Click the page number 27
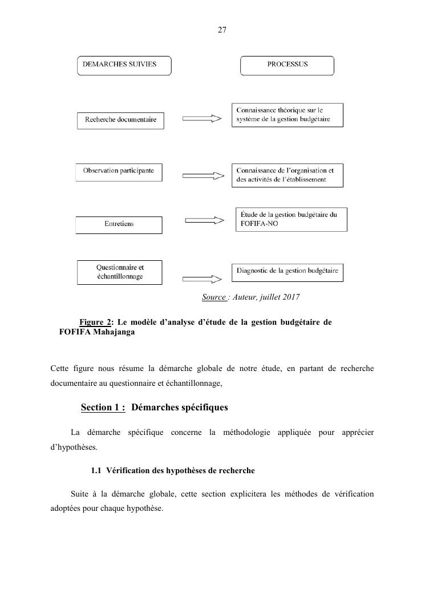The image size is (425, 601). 222,30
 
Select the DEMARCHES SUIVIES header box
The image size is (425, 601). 124,66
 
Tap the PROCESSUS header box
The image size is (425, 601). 287,66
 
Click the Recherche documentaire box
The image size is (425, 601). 120,120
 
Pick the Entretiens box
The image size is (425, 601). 119,225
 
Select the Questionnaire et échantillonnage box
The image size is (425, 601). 120,272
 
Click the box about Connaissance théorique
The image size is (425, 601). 287,115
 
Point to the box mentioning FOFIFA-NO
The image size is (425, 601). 291,220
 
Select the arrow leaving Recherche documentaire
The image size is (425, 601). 201,119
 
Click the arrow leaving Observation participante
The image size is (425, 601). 201,175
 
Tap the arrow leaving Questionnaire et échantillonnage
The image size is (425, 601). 201,279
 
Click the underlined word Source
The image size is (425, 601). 214,297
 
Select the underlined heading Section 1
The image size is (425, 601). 103,408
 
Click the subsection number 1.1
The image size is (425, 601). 96,471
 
